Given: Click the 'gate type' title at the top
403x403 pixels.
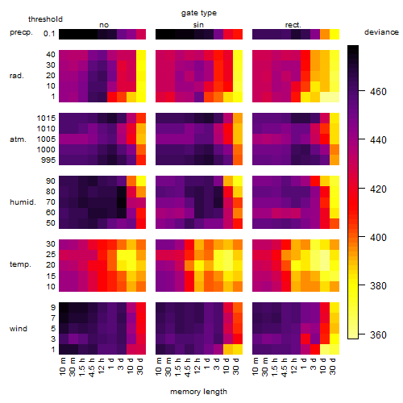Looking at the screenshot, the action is tap(199, 13).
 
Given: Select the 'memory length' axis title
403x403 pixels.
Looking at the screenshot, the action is tap(198, 392).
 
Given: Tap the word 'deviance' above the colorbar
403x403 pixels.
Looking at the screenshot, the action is tap(381, 32).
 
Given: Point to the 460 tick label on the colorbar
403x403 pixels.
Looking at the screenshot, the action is tap(378, 92).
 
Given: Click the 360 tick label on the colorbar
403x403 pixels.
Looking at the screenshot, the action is tap(378, 335).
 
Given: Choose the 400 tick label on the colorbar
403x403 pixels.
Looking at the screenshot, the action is tap(378, 238).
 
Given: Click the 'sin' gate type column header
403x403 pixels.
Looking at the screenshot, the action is tap(198, 25).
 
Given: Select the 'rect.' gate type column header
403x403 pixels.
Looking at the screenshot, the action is tap(293, 25).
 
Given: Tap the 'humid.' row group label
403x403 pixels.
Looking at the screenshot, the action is tap(23, 202).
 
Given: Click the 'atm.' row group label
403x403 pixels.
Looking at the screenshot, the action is tap(18, 139).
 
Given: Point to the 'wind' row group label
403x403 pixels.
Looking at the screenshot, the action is tap(19, 329).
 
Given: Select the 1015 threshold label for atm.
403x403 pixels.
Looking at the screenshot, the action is tap(46, 118).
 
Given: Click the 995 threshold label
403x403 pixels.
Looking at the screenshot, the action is tap(48, 160).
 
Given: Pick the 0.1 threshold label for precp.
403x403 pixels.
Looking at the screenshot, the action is tap(49, 34).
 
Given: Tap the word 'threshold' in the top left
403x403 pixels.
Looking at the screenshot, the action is tap(45, 19).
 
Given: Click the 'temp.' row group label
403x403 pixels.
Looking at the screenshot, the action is tap(20, 264).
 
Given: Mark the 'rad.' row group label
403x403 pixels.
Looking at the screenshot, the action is tap(17, 76).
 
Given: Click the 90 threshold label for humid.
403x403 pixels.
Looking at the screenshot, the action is tap(51, 181).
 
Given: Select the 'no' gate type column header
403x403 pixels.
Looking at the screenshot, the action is tap(104, 25).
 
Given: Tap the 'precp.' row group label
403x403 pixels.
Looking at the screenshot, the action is tap(21, 32).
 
